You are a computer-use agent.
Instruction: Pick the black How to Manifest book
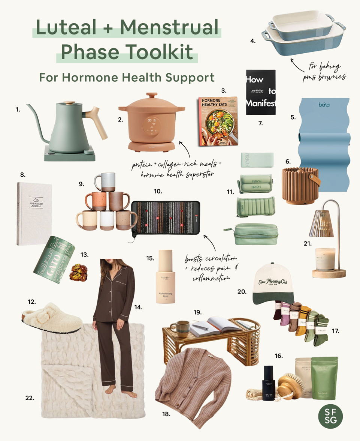[260, 92]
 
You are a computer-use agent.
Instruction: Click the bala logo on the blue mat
[323, 106]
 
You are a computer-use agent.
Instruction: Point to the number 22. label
[30, 398]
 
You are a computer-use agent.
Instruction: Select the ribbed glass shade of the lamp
[321, 223]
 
